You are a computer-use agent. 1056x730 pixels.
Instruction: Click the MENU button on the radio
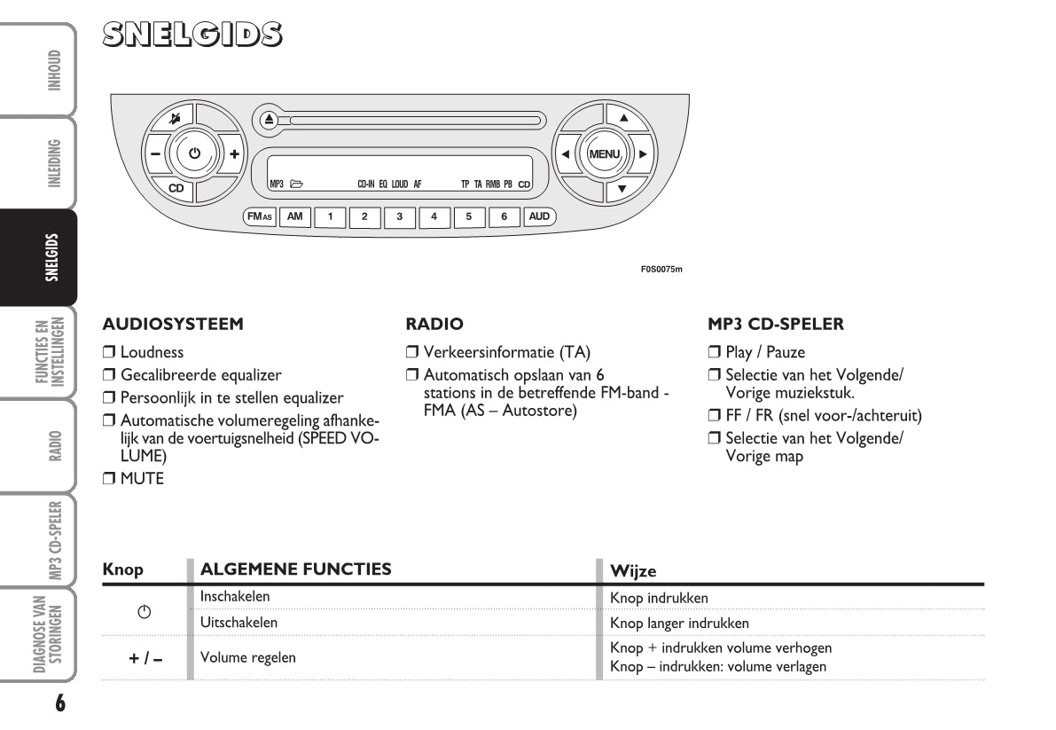606,153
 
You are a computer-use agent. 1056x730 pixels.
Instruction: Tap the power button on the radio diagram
195,153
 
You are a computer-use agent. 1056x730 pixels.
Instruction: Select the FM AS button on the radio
261,216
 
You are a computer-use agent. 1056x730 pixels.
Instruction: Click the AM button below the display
295,216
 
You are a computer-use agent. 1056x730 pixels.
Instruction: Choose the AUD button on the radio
538,216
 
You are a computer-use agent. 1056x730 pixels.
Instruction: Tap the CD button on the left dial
176,188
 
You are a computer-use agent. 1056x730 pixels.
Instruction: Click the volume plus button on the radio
234,153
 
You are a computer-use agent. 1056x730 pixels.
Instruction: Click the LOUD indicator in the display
400,184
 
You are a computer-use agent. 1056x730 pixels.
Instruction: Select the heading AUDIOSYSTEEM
173,325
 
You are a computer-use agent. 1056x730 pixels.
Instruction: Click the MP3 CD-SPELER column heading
776,325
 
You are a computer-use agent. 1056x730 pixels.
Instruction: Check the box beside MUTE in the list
109,480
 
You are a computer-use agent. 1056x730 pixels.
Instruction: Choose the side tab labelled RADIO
55,446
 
